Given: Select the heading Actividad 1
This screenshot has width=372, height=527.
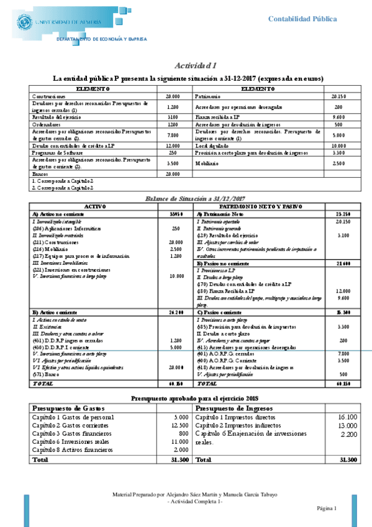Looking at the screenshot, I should coord(195,66).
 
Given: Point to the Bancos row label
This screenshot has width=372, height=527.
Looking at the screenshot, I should coord(41,174).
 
